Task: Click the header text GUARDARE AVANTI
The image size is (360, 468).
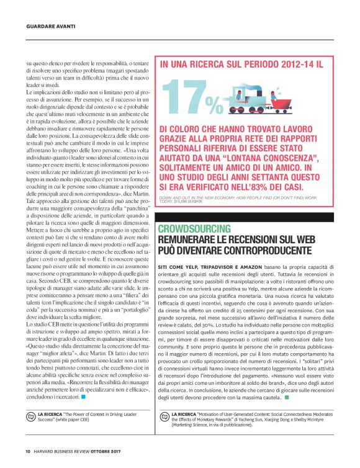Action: coord(51,26)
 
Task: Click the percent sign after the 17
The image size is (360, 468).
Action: coord(214,101)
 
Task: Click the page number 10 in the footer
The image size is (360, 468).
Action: coord(28,451)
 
